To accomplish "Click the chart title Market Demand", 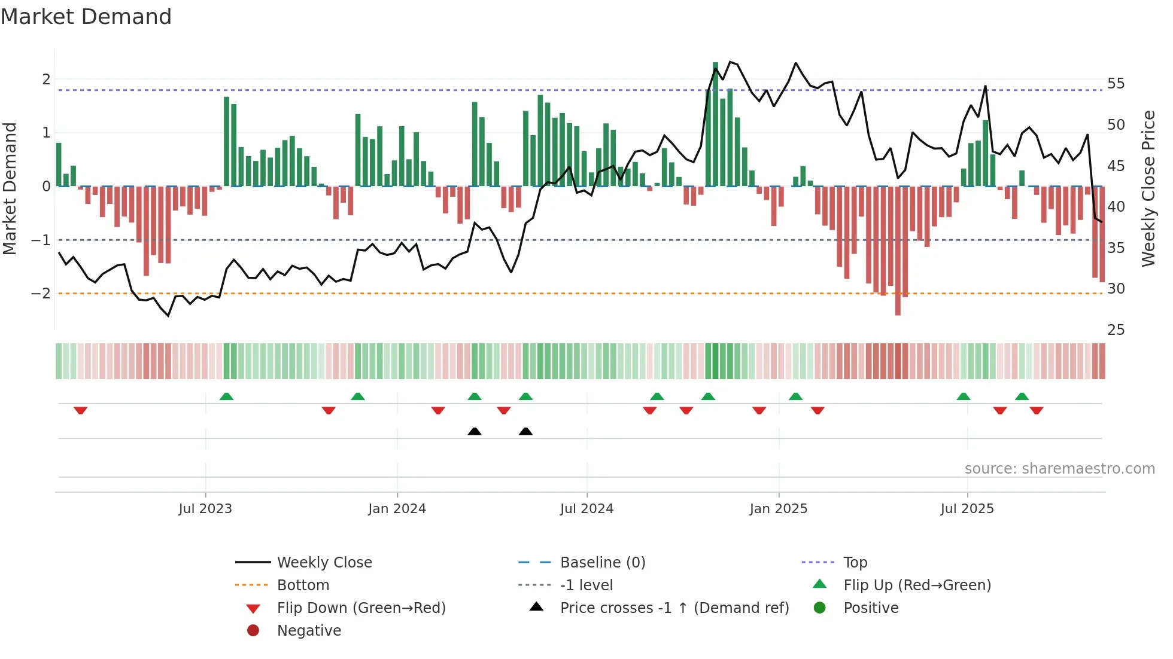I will point(86,17).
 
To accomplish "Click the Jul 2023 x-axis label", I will point(205,509).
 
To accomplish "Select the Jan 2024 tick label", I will point(397,509).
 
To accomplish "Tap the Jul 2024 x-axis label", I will point(586,509).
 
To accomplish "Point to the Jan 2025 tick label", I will point(778,509).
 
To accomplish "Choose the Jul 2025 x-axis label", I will point(967,509).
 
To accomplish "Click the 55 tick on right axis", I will point(1116,84).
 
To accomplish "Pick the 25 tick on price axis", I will point(1116,330).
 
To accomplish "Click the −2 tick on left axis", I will point(41,294).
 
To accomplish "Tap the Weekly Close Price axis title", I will point(1148,188).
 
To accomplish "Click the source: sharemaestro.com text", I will point(1059,469).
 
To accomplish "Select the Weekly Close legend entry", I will point(324,563).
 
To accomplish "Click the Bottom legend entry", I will point(303,585).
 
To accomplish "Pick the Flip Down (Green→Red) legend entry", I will point(361,608).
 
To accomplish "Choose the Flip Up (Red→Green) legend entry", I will point(917,585).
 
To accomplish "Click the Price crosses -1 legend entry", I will point(674,608).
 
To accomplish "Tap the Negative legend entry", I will point(309,631).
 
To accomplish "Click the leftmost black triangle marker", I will point(475,432).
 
